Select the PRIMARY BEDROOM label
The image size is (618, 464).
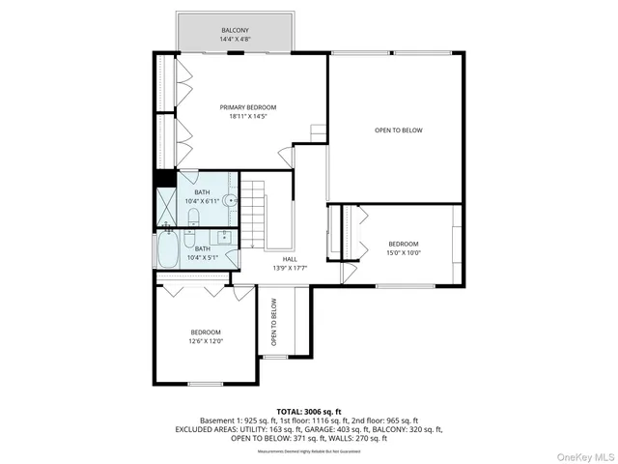click(x=247, y=107)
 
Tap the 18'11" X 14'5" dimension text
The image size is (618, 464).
click(x=247, y=117)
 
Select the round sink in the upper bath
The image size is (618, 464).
click(x=229, y=200)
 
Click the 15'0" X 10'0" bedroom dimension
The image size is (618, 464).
click(x=404, y=252)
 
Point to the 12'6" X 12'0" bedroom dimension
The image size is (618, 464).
click(x=205, y=340)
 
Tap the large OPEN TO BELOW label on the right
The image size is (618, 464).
click(x=399, y=130)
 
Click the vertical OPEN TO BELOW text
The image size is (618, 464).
click(x=274, y=323)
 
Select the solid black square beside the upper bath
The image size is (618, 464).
click(x=163, y=178)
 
